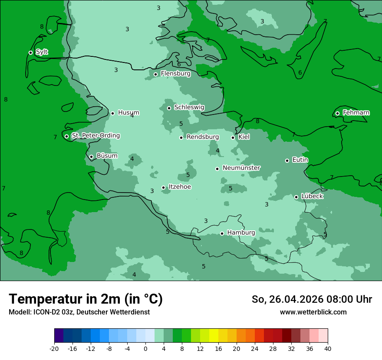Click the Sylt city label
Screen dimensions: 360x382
click(x=42, y=52)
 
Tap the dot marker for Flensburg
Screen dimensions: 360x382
click(x=155, y=74)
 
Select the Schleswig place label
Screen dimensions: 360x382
click(x=189, y=107)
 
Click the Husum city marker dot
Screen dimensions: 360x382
click(x=112, y=113)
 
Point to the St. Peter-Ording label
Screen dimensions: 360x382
click(x=95, y=135)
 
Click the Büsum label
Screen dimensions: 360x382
click(x=107, y=156)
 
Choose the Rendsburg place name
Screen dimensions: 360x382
click(x=203, y=137)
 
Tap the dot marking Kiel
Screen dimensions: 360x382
click(x=233, y=137)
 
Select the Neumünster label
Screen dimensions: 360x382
click(x=241, y=167)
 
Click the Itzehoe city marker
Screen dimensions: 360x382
click(x=163, y=187)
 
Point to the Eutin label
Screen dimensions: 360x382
click(x=300, y=160)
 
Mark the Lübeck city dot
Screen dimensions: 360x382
click(x=296, y=197)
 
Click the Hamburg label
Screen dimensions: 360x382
click(x=241, y=232)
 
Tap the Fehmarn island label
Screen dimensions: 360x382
click(x=356, y=113)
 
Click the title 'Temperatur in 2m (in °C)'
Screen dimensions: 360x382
click(x=86, y=299)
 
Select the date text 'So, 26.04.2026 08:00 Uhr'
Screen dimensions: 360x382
click(x=312, y=299)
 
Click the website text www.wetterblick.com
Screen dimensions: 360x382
click(x=313, y=312)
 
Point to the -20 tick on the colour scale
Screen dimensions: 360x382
click(x=54, y=349)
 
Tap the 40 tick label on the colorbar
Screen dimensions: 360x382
click(x=328, y=349)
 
